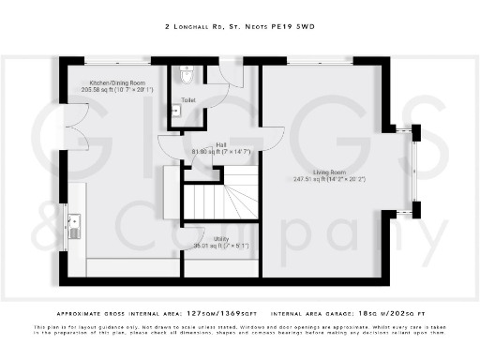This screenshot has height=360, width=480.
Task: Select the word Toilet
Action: [188, 98]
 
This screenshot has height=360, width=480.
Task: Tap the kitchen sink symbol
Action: [74, 225]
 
